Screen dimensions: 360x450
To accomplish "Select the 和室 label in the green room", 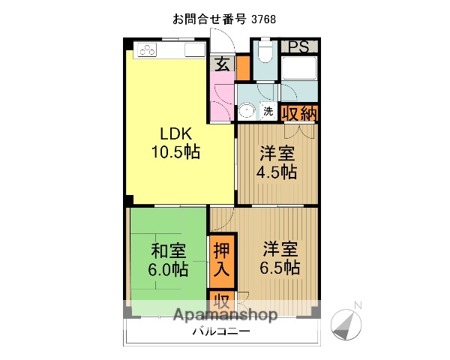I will click(x=169, y=250).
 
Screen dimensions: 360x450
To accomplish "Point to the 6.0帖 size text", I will click(x=169, y=268).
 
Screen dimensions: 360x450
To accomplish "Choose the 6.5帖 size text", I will click(x=280, y=267).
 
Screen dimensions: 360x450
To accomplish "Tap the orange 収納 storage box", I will click(x=299, y=113).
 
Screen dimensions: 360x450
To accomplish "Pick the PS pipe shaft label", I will click(x=299, y=46).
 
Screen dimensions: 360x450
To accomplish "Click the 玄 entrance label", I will click(x=223, y=64).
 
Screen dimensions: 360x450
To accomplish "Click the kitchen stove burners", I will click(x=147, y=51).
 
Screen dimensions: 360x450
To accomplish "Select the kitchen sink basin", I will click(x=194, y=51).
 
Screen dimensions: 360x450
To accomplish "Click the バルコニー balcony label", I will click(x=221, y=331).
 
